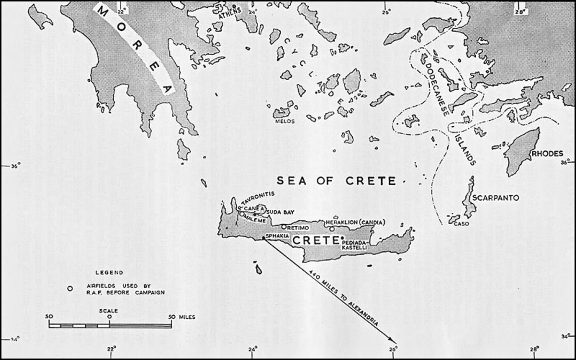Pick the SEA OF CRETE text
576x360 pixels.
coord(336,181)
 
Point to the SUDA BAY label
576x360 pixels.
coord(280,212)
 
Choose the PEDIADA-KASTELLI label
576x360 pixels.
coord(355,245)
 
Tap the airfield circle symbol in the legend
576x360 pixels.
coord(70,288)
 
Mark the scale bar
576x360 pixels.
coord(110,325)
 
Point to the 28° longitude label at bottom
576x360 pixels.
coord(535,349)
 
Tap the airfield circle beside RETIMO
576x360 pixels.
coord(284,227)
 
